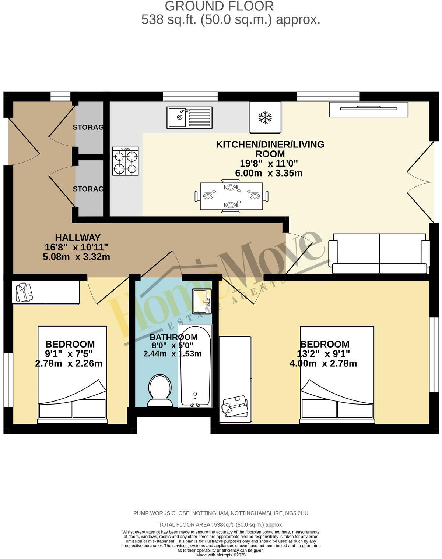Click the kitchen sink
click(189, 117)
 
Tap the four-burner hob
click(126, 161)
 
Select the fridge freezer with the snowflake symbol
click(265, 118)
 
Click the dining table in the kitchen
click(231, 196)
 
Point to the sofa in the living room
click(379, 253)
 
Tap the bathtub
click(195, 366)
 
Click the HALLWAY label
click(78, 238)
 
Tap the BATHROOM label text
click(173, 337)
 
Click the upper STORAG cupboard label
click(88, 128)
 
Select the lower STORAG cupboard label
click(88, 189)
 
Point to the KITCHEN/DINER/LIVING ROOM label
click(270, 149)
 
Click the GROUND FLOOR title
click(219, 6)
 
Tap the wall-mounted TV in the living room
click(369, 109)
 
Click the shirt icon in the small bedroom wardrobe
click(24, 292)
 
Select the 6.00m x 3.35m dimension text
click(269, 173)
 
